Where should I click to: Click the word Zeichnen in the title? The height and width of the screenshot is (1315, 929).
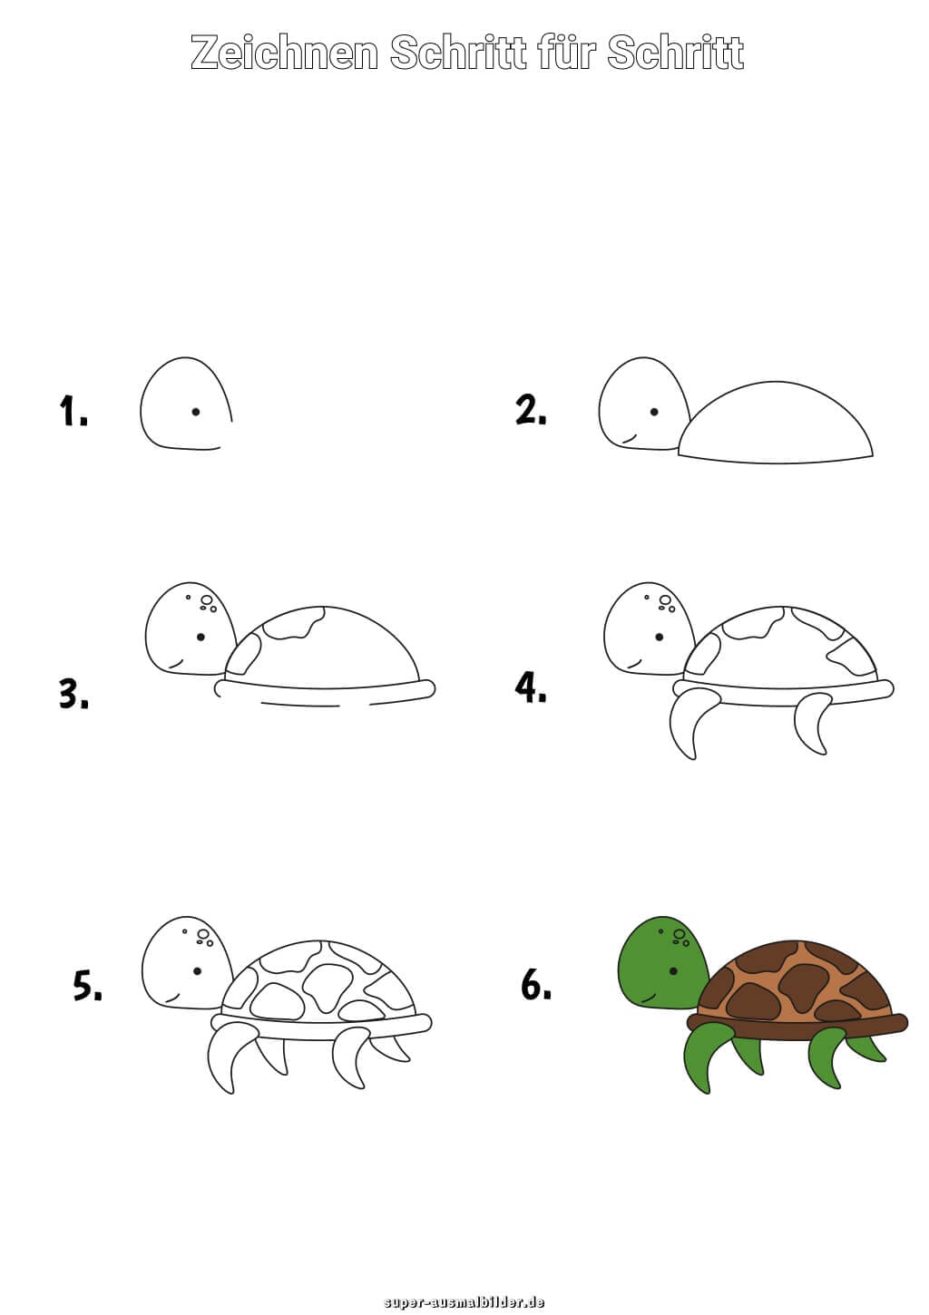coord(284,54)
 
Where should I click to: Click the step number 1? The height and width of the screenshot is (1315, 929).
coord(73,411)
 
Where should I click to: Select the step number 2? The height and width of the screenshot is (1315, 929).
coord(531,410)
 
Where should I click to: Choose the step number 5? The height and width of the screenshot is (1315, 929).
coord(87,985)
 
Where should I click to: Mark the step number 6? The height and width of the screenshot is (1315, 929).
coord(535,984)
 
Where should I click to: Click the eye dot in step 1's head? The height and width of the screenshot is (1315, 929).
coord(195,412)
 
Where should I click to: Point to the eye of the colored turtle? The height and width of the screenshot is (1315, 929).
coord(673,970)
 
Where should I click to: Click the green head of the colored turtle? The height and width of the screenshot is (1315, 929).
coord(658,961)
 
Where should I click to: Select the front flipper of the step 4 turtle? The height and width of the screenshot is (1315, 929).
coord(689,721)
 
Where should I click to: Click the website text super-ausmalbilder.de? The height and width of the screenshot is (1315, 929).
coord(464,1301)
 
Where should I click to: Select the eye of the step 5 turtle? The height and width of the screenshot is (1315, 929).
coord(197,970)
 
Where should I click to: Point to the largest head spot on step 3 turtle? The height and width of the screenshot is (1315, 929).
coord(207,600)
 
